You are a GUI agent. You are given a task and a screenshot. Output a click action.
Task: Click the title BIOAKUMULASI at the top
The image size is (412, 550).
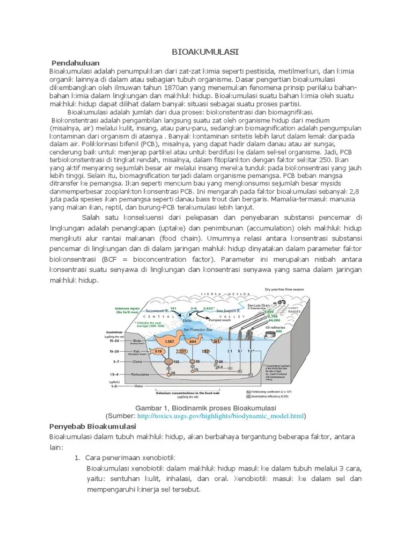point(205,52)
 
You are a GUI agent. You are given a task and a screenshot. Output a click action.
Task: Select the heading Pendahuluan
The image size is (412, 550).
point(76,63)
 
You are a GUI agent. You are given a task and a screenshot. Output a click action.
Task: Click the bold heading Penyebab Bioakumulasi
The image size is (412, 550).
point(89,425)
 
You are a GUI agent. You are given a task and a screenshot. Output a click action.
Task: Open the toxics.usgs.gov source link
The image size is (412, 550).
point(220,416)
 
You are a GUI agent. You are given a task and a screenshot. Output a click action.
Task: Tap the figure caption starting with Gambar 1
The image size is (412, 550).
point(205,407)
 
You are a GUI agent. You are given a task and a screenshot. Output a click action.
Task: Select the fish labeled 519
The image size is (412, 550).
point(159,351)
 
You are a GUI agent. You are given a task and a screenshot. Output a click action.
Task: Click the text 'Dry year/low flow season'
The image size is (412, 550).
point(284,289)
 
